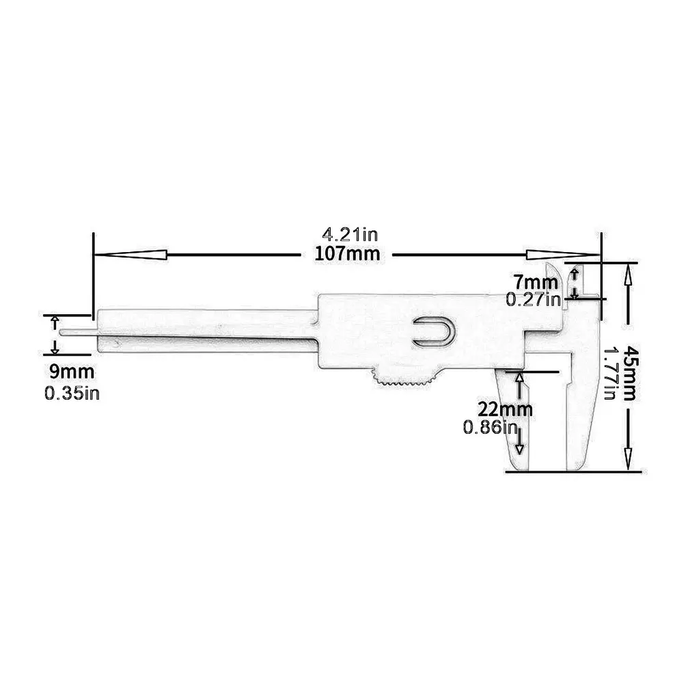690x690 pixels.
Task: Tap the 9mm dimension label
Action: [72, 372]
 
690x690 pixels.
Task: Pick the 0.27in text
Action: [533, 299]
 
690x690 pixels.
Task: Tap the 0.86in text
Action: [491, 428]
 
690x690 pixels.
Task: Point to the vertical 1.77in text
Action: [611, 373]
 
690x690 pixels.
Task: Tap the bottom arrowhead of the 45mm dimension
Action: [628, 458]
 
